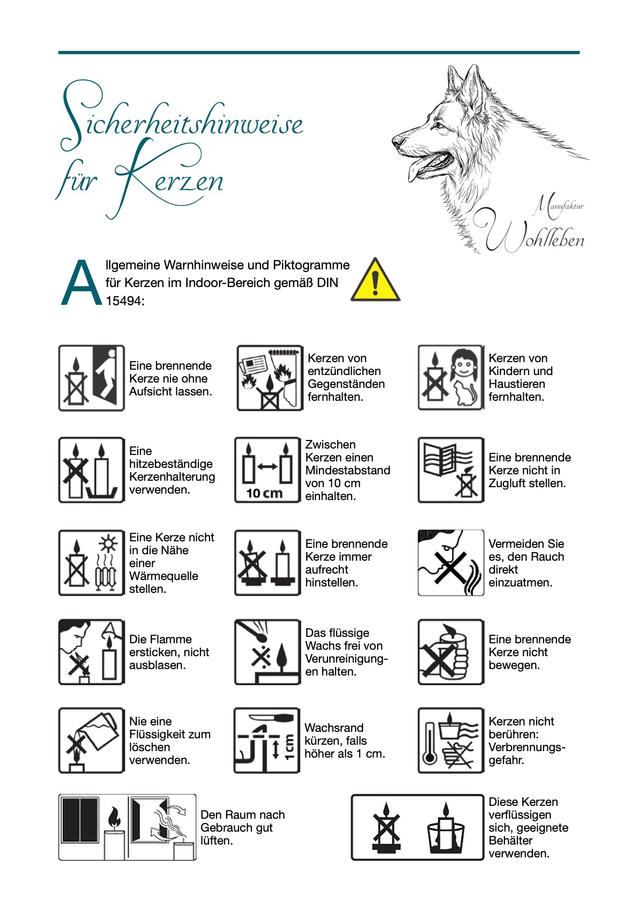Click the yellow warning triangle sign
pos(375,281)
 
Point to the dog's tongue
pos(418,168)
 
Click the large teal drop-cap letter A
pos(81,283)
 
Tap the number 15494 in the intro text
pos(124,301)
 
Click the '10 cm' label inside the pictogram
pos(264,493)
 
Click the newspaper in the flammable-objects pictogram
pos(254,364)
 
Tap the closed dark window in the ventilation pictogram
pos(80,820)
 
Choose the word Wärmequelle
pos(164,576)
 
